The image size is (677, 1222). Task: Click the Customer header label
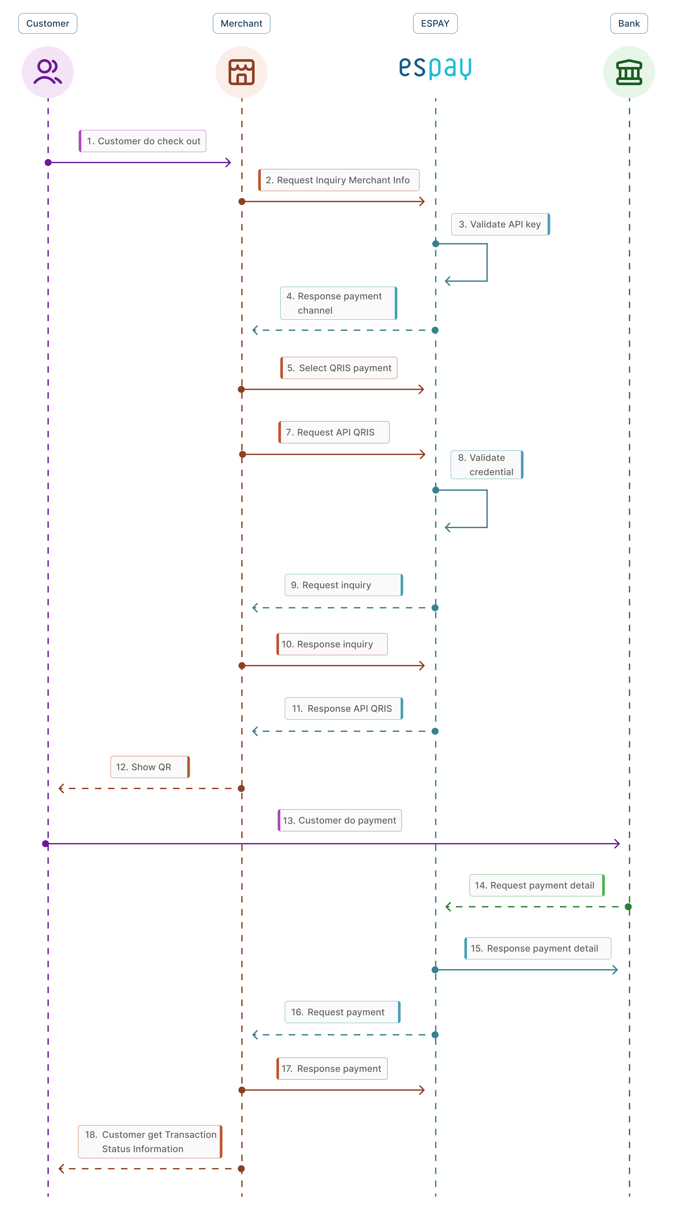click(x=47, y=23)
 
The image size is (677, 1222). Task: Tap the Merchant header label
click(x=241, y=23)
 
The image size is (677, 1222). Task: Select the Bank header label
click(x=629, y=23)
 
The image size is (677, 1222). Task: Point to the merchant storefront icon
click(x=242, y=72)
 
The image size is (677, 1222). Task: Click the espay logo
click(x=435, y=68)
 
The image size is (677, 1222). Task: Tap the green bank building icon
click(x=629, y=72)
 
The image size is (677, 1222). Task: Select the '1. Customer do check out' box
click(x=142, y=141)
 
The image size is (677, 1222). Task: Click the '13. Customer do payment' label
click(x=339, y=820)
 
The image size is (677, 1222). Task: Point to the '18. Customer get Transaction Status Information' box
click(x=150, y=1141)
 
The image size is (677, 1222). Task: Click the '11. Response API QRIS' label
click(x=344, y=708)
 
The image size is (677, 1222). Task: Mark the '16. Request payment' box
click(x=342, y=1012)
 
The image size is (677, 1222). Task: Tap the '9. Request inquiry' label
click(x=344, y=585)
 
